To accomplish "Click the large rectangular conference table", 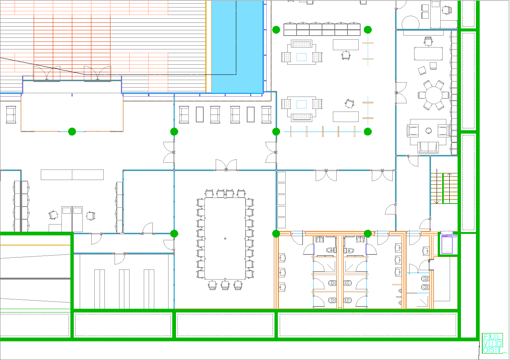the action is [225, 238].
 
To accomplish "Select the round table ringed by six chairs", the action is [434, 95].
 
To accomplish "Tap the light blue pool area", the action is [237, 47].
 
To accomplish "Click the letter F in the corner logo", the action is [486, 337].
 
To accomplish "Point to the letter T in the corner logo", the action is [499, 350].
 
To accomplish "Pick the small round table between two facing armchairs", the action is [428, 131].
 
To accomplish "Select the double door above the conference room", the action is [226, 165].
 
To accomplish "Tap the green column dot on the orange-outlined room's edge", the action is [72, 131].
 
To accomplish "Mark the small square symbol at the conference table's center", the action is [225, 238].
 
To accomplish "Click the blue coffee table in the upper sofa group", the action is [301, 57].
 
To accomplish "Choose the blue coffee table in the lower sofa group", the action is [301, 104].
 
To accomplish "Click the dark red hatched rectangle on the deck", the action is [72, 48].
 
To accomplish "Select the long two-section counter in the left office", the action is [72, 175].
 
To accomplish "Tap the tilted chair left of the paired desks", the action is [53, 215].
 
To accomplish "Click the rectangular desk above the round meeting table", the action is [428, 54].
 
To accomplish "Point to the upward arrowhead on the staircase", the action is [449, 174].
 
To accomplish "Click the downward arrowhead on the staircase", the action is [437, 202].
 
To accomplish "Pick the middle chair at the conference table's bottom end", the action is [225, 285].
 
